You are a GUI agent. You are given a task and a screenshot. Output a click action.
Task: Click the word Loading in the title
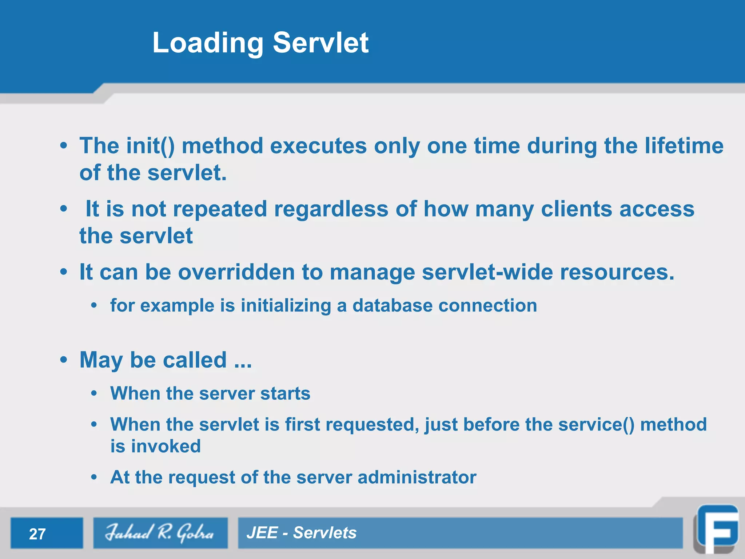pos(208,43)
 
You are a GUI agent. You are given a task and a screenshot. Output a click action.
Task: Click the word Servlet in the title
pos(320,43)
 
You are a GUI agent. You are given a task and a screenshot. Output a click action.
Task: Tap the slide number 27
pos(37,534)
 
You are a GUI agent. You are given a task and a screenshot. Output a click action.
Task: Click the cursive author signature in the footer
pos(160,533)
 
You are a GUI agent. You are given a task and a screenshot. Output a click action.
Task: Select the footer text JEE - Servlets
pos(301,533)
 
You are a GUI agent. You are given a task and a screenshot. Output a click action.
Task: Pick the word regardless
pos(331,209)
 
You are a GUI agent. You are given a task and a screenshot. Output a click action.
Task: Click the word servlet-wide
pos(487,272)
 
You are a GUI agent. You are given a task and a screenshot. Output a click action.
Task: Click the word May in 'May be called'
pos(101,360)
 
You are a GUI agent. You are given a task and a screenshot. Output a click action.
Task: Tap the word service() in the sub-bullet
pos(596,424)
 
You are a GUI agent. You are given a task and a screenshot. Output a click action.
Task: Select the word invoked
pos(166,446)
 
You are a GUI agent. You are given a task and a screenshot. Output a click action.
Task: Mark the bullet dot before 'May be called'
pos(64,360)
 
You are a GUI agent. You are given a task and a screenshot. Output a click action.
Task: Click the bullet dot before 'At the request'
pos(94,477)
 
